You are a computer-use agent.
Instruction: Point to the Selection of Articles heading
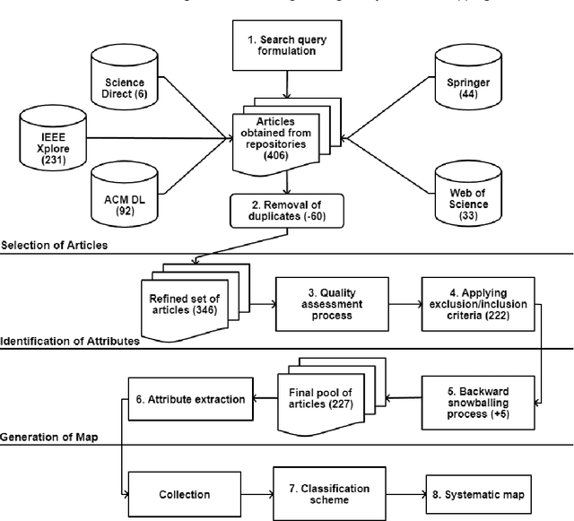[56, 245]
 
